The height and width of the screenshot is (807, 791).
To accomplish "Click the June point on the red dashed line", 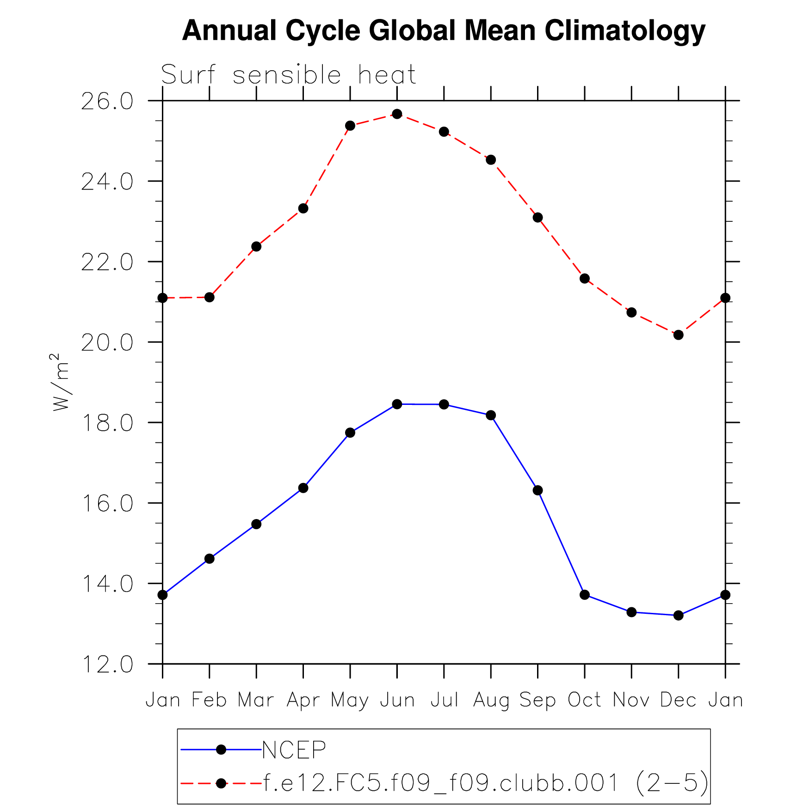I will coord(397,114).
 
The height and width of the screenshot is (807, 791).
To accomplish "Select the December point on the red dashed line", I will coord(678,335).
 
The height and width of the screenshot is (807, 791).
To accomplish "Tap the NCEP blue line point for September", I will coord(538,490).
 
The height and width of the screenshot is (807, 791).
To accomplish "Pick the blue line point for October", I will coord(585,594).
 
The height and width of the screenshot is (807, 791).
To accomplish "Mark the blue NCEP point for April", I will coord(303,488).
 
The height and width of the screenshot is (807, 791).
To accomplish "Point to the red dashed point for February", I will coord(210,297).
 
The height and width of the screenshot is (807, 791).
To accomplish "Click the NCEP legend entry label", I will coord(294,750).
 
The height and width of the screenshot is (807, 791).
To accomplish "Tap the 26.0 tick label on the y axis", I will coord(107,101).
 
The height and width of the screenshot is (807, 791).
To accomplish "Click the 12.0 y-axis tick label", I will coord(107,665).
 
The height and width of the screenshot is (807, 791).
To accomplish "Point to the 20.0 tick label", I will coord(107,342).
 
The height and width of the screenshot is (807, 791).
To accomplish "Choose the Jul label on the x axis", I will coord(444,700).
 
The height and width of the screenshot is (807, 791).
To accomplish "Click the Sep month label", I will coord(538,700).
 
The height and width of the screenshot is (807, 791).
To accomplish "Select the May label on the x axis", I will coord(350,700).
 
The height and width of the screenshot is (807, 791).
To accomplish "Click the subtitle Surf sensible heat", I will coord(288,75).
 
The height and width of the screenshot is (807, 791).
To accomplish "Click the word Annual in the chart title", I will coord(229,31).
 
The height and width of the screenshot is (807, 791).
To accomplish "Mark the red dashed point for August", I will coord(491,160).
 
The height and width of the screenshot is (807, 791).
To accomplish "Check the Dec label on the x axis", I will coord(678,700).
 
